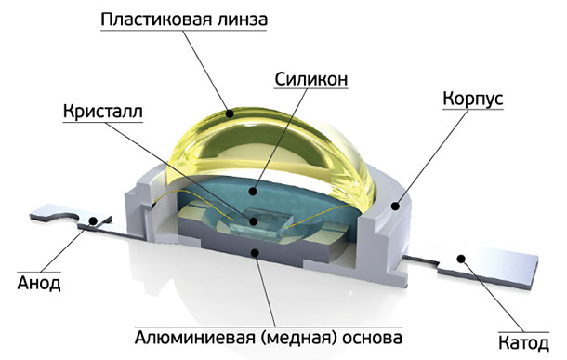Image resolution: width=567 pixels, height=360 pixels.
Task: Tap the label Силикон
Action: coord(311,80)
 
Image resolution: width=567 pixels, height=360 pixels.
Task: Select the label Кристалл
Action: coord(103,113)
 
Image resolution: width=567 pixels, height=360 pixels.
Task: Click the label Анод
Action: coord(39,282)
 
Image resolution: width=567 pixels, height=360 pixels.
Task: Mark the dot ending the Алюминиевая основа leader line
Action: coord(256,248)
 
